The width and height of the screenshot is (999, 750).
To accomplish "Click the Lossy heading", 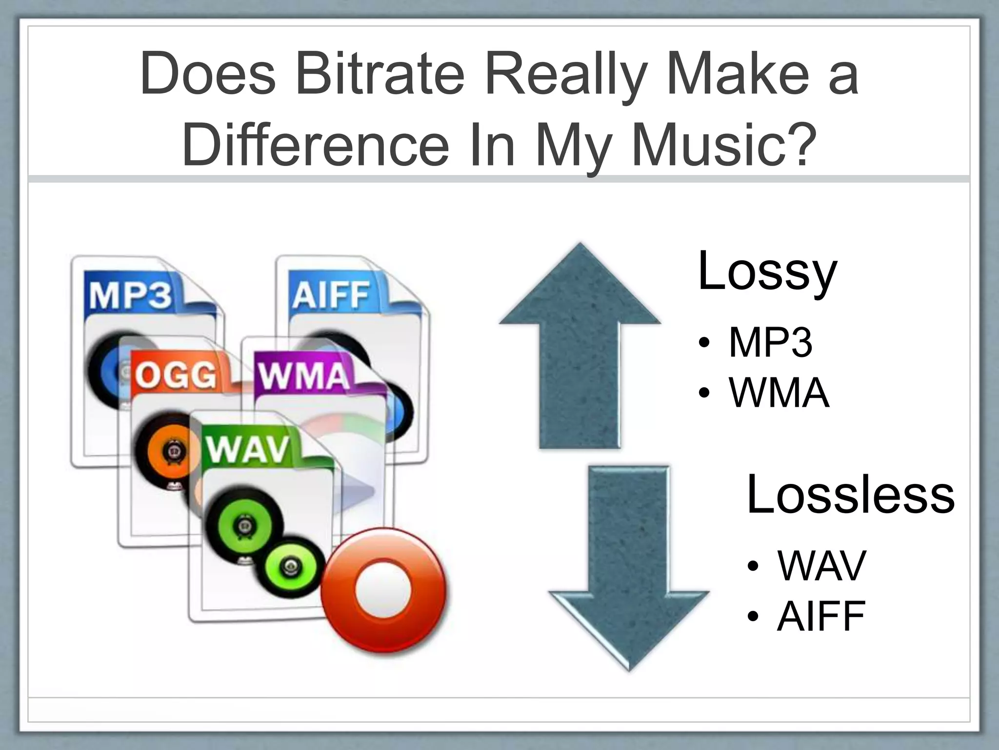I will [767, 271].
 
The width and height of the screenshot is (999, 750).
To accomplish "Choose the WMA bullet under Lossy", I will [779, 393].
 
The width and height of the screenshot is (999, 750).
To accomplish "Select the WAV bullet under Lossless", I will [821, 566].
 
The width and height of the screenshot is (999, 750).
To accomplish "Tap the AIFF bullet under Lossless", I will [821, 616].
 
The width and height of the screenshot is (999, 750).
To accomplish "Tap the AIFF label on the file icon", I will [330, 295].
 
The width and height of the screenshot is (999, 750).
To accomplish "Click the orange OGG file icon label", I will [175, 375].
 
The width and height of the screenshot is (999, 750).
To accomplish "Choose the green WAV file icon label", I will [248, 449].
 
